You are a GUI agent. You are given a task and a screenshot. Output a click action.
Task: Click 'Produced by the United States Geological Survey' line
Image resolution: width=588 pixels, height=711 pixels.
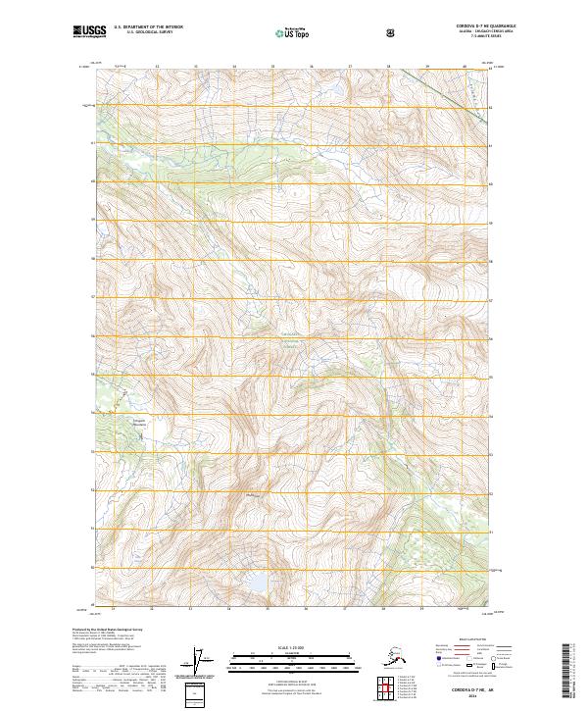(108, 630)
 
